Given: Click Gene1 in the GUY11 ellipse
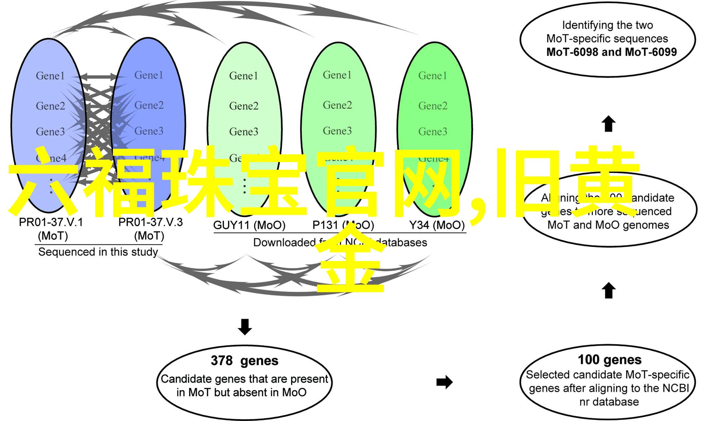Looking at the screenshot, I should [244, 76].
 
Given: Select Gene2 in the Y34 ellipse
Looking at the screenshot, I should [433, 106].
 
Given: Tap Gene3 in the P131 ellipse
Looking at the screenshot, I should [337, 131].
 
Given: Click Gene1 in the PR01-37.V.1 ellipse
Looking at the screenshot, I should [50, 76].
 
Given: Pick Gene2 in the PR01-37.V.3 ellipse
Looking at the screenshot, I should [149, 105].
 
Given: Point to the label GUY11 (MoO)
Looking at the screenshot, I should [249, 225].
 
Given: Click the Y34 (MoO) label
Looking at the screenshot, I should [437, 225].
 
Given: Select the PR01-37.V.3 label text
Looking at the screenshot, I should [150, 222].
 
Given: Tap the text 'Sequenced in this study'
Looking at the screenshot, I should [98, 252].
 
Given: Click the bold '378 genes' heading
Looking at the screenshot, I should [245, 361].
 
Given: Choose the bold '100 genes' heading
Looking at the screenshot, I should [610, 360].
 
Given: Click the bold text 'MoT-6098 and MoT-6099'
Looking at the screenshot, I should [611, 52].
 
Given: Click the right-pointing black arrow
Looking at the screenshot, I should [444, 382].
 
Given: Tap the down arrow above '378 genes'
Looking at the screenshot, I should [245, 327].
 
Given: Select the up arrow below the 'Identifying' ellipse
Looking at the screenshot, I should [608, 124].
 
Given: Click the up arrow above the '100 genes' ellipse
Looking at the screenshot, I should [608, 291].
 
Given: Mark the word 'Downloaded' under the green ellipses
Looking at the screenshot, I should [284, 242].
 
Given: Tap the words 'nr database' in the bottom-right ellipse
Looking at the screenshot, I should [609, 402].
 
